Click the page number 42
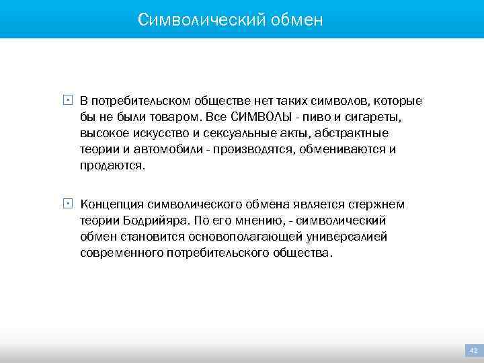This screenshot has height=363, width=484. pyautogui.click(x=473, y=350)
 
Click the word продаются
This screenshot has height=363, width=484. pyautogui.click(x=112, y=166)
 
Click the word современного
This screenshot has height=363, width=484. pyautogui.click(x=121, y=253)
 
